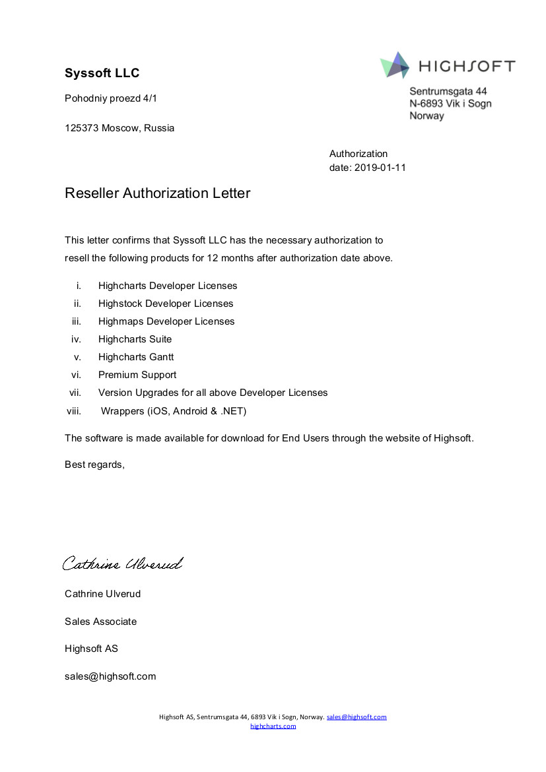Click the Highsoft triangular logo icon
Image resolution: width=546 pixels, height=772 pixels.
[395, 65]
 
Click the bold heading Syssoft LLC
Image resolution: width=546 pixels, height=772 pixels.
[102, 73]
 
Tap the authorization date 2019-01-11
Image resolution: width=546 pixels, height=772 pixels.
[380, 168]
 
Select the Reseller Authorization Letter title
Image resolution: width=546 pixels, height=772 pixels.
[157, 193]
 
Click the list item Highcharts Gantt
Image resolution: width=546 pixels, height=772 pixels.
[136, 357]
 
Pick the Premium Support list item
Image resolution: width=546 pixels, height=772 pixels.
[137, 375]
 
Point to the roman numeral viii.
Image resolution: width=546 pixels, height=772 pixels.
[73, 411]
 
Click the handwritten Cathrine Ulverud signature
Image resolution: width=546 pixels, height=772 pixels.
[122, 564]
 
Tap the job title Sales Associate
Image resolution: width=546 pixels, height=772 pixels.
[100, 622]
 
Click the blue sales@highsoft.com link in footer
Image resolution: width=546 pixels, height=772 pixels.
[357, 717]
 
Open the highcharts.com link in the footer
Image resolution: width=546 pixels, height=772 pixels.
[273, 726]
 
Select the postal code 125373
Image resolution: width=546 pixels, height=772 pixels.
[81, 128]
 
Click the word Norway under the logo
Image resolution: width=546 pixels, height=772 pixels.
[427, 116]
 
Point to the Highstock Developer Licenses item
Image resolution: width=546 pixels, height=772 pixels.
[166, 304]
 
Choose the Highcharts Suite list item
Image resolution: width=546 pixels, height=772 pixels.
[135, 339]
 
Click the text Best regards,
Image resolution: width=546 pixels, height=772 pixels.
[94, 465]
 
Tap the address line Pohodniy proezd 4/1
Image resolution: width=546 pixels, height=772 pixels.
[111, 98]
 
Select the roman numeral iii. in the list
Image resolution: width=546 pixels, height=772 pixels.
[76, 321]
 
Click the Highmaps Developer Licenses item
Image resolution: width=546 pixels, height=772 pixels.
[166, 321]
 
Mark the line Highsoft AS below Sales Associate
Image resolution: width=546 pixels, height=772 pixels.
[91, 649]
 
